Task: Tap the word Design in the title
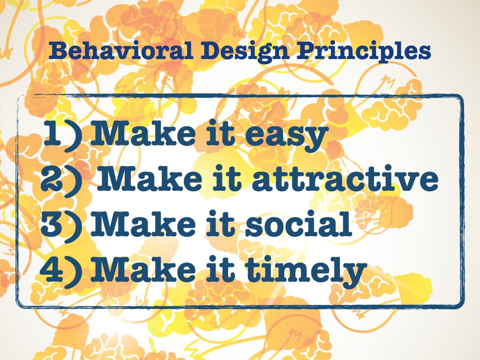[x=244, y=52]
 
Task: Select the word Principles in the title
[x=364, y=52]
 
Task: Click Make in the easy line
[x=143, y=133]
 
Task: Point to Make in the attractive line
[x=150, y=179]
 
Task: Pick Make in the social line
[x=143, y=224]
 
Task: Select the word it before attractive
[x=227, y=179]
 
